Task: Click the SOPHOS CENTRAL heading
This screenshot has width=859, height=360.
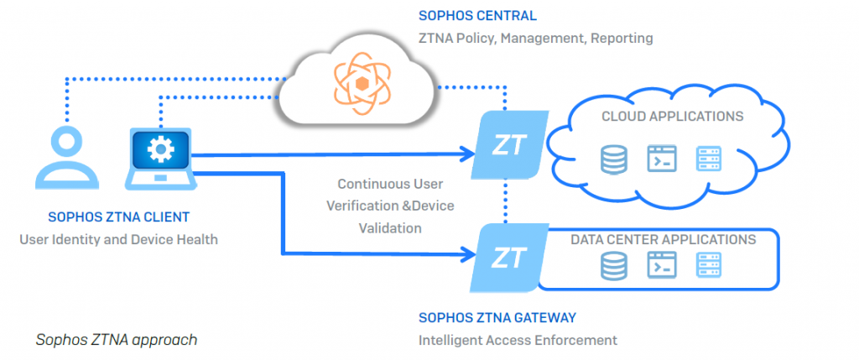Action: pos(477,16)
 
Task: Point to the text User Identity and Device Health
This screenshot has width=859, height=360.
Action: pos(118,240)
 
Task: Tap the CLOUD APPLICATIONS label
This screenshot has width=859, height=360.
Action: pos(672,117)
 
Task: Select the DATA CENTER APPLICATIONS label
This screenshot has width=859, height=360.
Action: pos(663,240)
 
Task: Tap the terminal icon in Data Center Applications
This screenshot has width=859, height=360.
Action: pos(661,267)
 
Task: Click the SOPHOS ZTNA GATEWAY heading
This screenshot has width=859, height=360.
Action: pos(497,318)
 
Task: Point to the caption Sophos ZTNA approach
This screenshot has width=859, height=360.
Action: pos(117,340)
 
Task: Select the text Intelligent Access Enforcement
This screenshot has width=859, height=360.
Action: pos(518,340)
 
